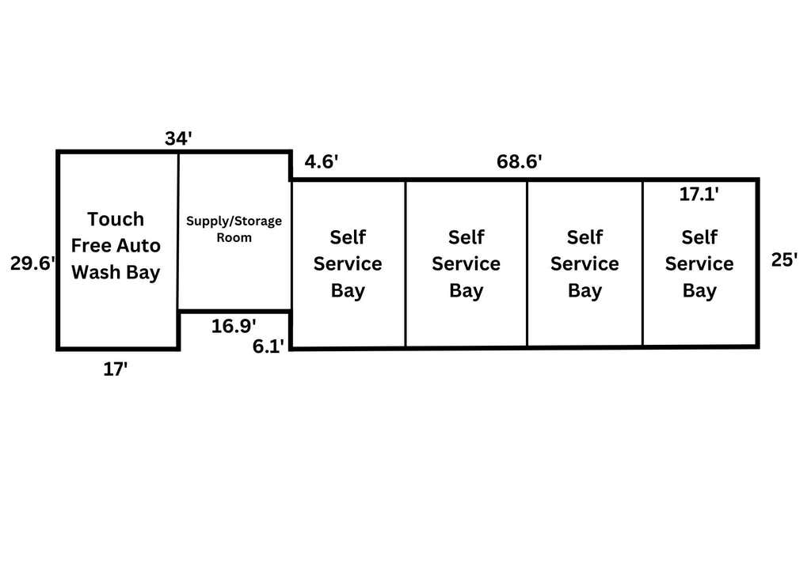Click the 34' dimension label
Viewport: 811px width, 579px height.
pos(178,138)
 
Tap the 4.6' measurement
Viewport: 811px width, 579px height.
pos(322,161)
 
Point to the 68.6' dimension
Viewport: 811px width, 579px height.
pos(520,161)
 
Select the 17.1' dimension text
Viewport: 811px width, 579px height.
pos(699,195)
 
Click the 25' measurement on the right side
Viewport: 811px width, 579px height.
pos(784,259)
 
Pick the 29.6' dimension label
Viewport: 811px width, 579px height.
pos(32,263)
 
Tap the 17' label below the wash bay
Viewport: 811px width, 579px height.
pos(116,369)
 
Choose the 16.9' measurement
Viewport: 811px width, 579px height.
pos(234,326)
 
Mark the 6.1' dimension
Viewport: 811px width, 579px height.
pos(268,346)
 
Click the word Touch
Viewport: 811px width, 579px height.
pos(116,219)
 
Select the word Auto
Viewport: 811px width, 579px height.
pos(138,245)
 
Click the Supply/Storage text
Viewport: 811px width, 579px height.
pos(234,221)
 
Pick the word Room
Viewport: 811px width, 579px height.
pos(234,237)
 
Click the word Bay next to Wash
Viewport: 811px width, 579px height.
pos(143,273)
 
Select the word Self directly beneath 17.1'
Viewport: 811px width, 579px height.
pos(699,237)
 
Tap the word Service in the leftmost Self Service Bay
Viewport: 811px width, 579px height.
pos(348,264)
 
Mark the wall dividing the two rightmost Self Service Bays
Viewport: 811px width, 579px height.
pos(642,263)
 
